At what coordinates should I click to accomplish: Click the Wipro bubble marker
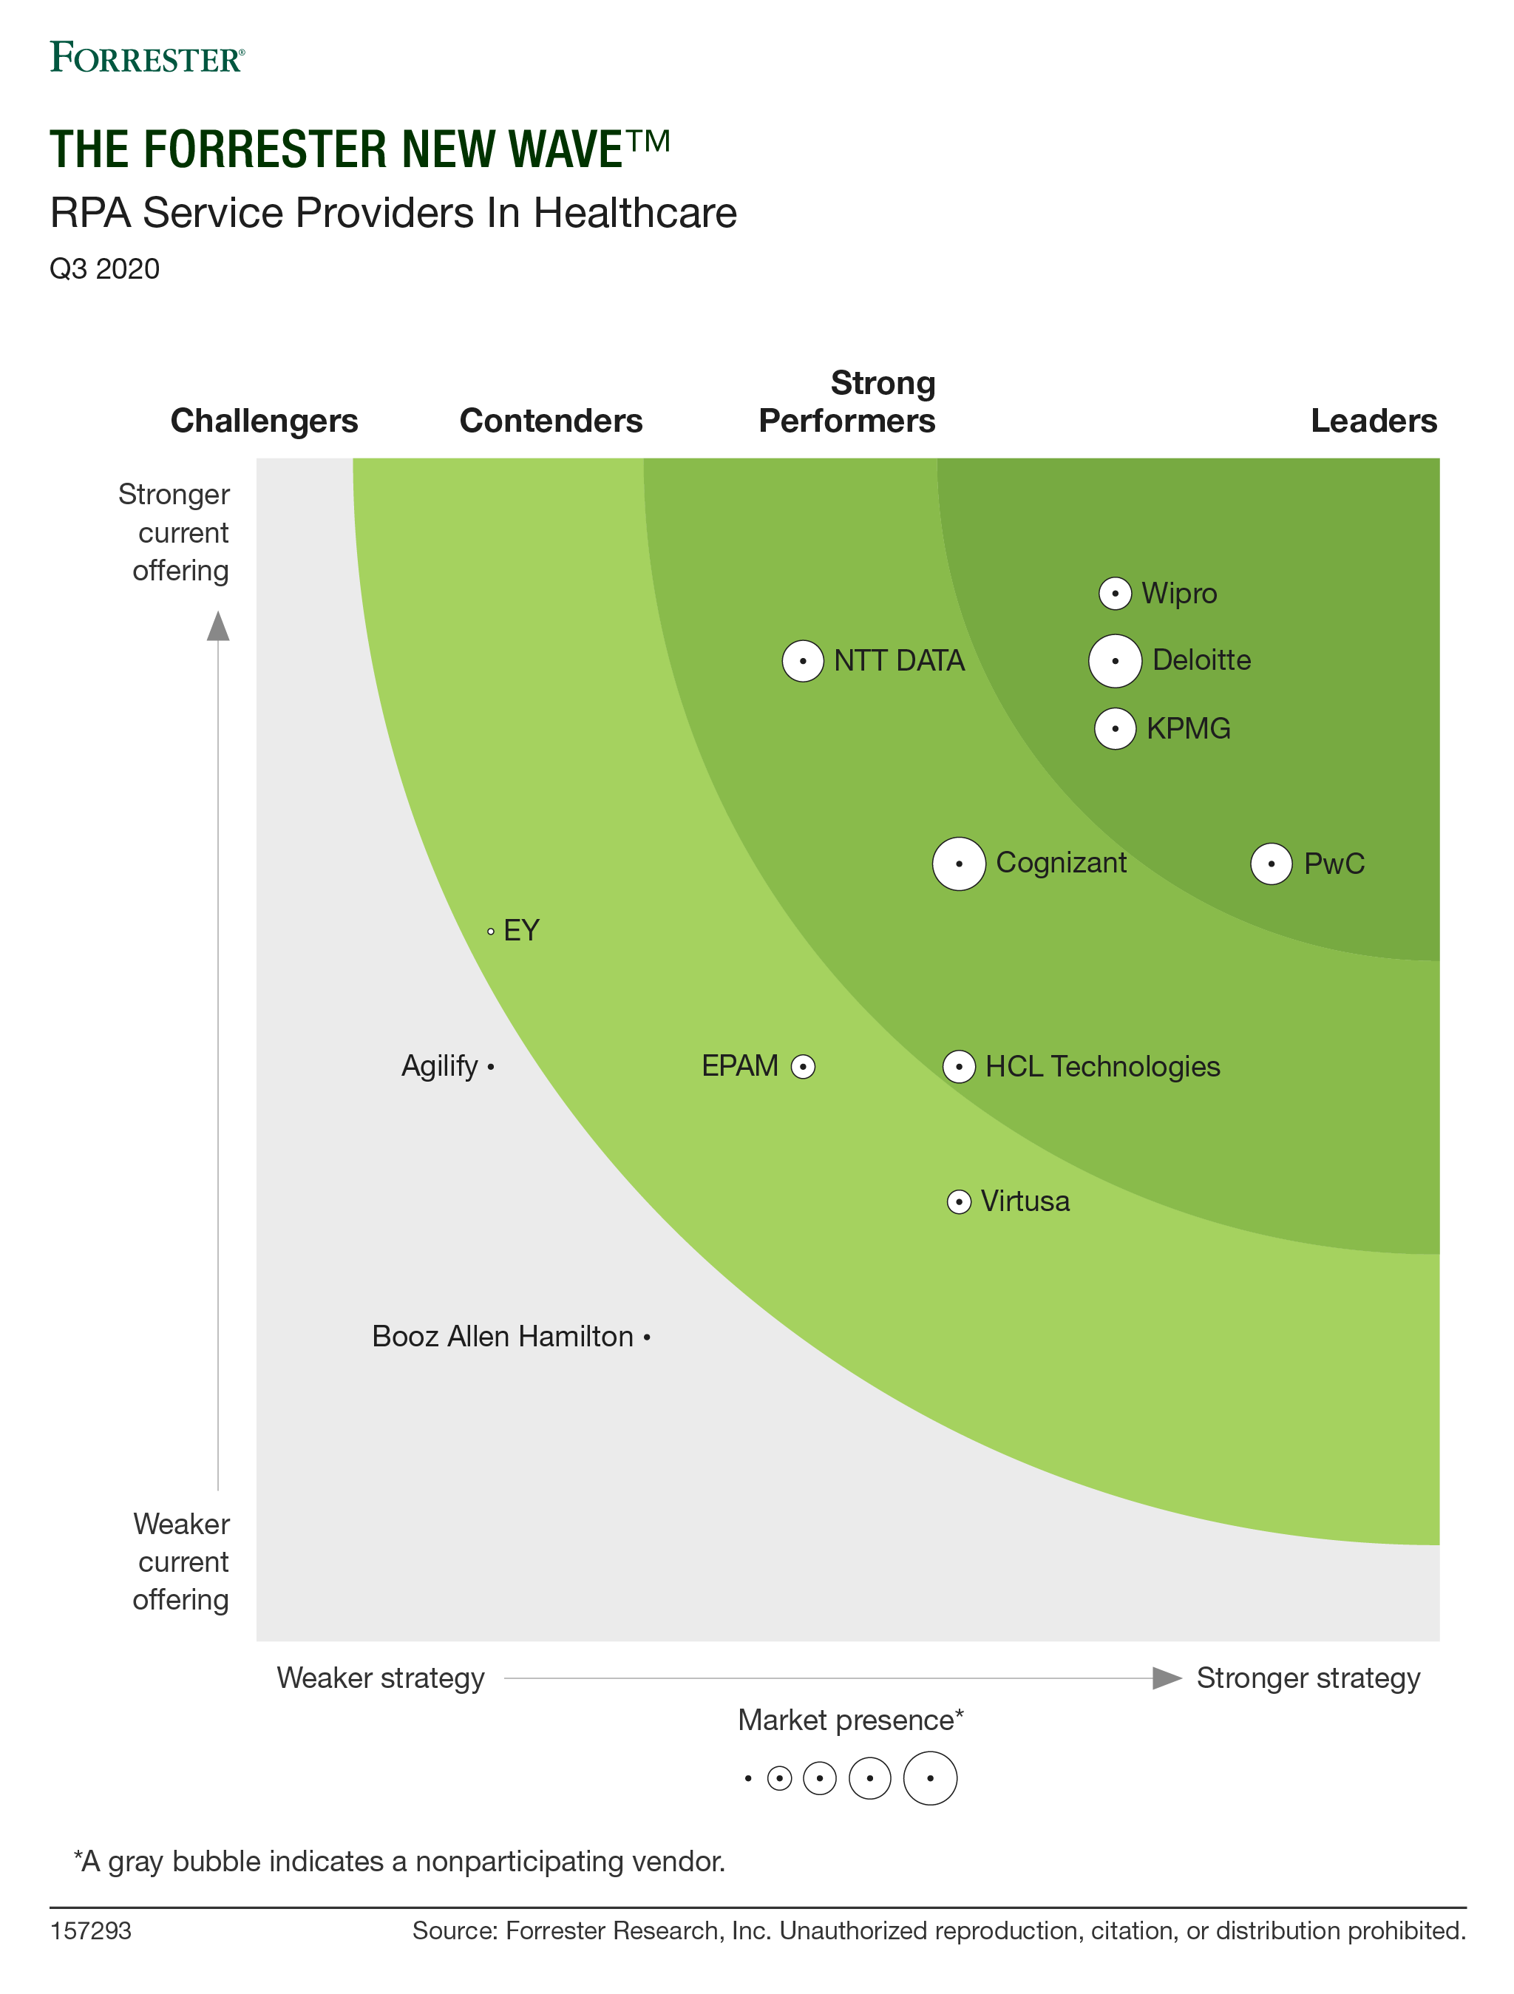1115,593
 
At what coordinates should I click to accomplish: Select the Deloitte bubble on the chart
1115,661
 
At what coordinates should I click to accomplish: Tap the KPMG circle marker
1115,728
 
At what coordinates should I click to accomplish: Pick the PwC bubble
1271,864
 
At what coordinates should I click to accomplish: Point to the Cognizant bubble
959,864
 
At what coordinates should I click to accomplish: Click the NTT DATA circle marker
802,661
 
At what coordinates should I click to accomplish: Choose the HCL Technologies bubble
959,1066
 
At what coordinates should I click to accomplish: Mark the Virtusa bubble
959,1201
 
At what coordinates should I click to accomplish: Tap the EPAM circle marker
802,1066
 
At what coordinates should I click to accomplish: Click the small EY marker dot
490,931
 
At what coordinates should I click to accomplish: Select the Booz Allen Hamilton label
502,1336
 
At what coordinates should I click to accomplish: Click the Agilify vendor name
439,1065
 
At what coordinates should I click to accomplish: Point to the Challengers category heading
264,421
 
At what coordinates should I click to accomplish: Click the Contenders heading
551,421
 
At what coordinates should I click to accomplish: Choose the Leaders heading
1374,421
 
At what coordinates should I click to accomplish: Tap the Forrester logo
147,58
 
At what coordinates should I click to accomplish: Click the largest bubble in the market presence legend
930,1777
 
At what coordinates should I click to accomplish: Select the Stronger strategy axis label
1308,1678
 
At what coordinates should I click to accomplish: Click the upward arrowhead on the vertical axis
218,626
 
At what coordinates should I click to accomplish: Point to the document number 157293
90,1931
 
